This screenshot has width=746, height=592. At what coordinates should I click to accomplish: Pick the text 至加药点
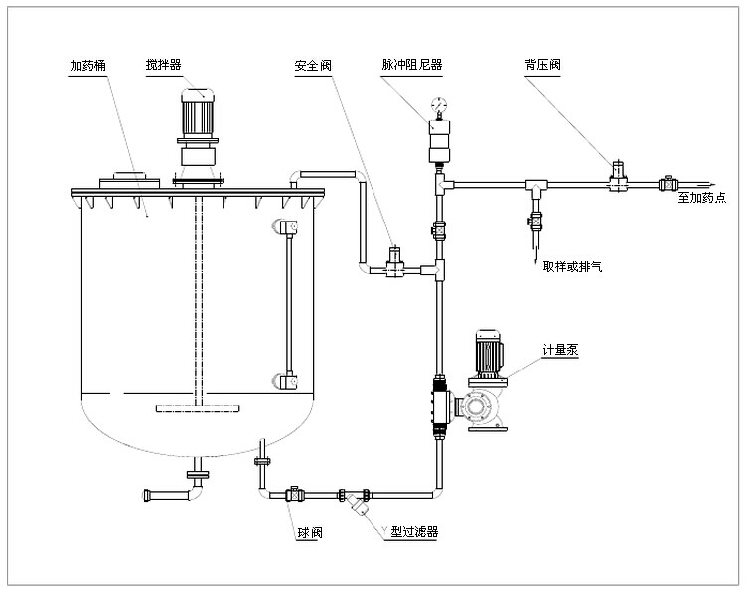tap(701, 197)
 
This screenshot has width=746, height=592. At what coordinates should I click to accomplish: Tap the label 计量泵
tap(561, 350)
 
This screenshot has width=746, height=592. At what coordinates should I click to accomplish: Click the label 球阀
tap(308, 533)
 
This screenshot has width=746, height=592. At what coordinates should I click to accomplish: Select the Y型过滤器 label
tap(411, 533)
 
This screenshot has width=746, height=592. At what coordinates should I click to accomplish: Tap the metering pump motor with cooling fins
tap(487, 354)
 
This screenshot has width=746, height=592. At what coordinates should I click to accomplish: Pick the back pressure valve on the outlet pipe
tap(620, 178)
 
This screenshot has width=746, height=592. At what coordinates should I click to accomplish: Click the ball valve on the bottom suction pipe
tap(295, 493)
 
